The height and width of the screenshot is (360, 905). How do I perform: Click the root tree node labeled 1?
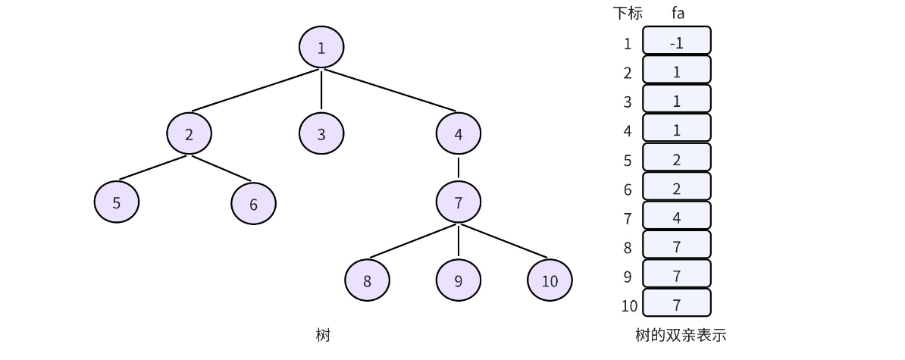[x=321, y=48]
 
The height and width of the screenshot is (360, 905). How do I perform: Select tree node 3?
[x=321, y=134]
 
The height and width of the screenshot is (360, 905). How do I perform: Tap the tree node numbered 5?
[x=117, y=202]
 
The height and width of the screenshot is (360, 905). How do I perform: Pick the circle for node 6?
[x=253, y=203]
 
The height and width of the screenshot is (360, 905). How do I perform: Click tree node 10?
[x=550, y=280]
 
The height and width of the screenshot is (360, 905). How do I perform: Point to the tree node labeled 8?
[x=367, y=280]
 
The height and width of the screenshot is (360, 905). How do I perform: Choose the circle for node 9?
[x=458, y=280]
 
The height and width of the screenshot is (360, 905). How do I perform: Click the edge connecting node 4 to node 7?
[x=458, y=167]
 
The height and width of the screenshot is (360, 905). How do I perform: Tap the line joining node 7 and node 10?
[x=503, y=241]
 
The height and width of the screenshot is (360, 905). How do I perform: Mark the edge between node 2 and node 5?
[x=153, y=168]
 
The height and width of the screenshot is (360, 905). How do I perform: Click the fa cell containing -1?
[x=677, y=43]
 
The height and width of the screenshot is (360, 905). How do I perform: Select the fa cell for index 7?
[x=677, y=218]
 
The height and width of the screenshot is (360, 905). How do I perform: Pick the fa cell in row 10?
[x=677, y=305]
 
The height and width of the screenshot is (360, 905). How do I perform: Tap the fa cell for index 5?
[x=677, y=160]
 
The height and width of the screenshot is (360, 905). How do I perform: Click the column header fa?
[x=678, y=13]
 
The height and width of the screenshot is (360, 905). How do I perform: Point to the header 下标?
[x=628, y=13]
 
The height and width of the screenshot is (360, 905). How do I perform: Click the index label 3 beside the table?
[x=628, y=102]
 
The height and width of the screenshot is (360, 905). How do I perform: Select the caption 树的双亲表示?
[x=681, y=334]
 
